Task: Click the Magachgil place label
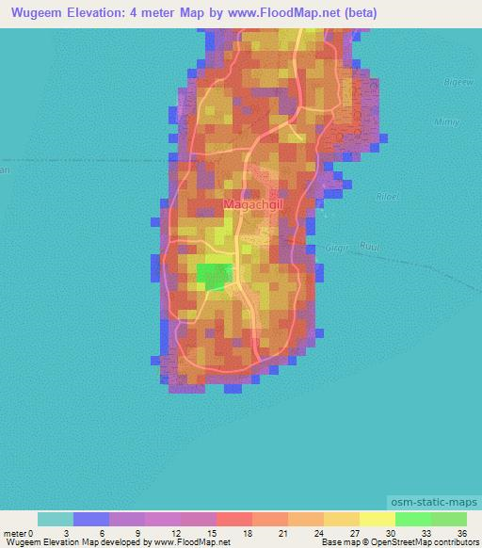pyautogui.click(x=252, y=203)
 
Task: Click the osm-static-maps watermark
pyautogui.click(x=434, y=502)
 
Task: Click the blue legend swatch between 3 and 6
pyautogui.click(x=91, y=519)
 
